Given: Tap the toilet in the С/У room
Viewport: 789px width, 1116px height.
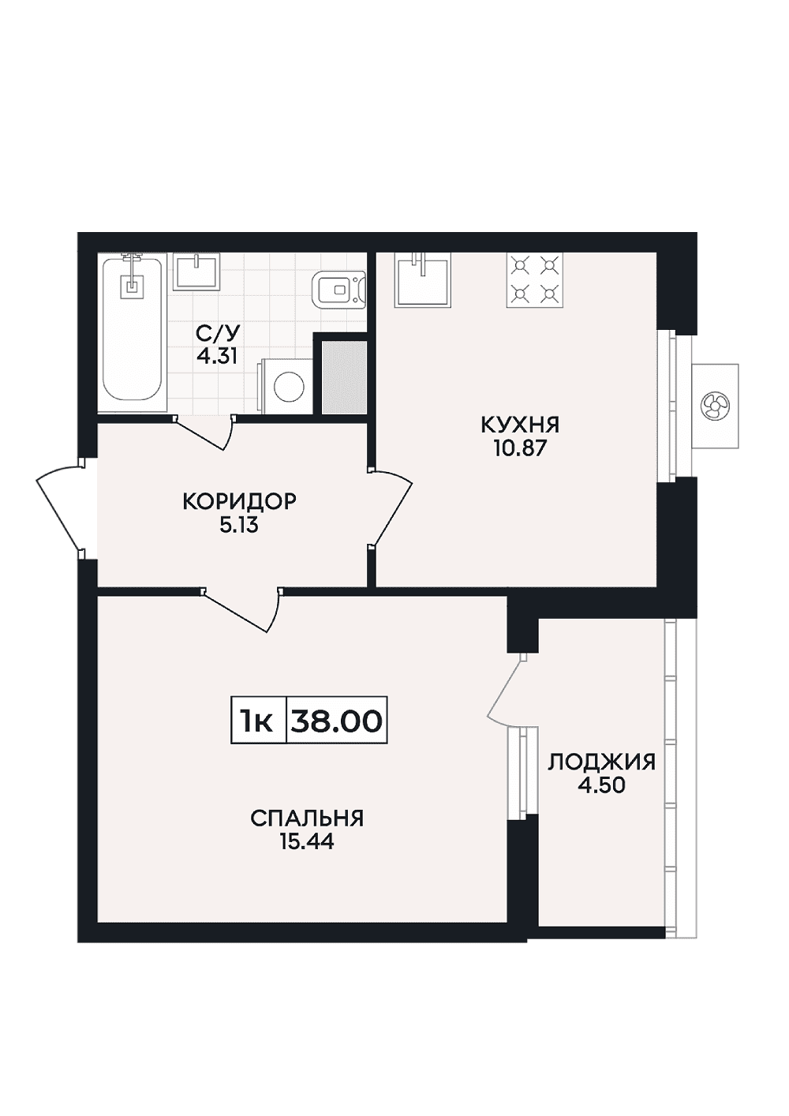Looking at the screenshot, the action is [x=338, y=290].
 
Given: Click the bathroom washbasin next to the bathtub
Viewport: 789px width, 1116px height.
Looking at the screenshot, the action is [x=196, y=272].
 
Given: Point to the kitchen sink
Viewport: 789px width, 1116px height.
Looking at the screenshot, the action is [x=423, y=279].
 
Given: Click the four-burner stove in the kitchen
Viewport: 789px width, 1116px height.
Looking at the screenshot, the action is [x=534, y=280].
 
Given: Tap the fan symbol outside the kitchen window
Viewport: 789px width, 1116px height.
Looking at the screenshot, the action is [x=714, y=405].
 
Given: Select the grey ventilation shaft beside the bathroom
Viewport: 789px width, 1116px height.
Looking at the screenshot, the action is [x=344, y=377].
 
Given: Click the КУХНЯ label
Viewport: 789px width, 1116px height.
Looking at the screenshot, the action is [x=521, y=426].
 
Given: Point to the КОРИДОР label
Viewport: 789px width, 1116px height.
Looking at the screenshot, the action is [x=240, y=502].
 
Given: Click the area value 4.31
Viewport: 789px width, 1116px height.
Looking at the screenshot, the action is [x=216, y=356].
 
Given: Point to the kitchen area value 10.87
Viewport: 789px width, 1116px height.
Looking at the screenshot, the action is [x=521, y=449].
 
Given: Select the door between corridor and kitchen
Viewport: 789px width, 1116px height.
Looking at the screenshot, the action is [x=392, y=507].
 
